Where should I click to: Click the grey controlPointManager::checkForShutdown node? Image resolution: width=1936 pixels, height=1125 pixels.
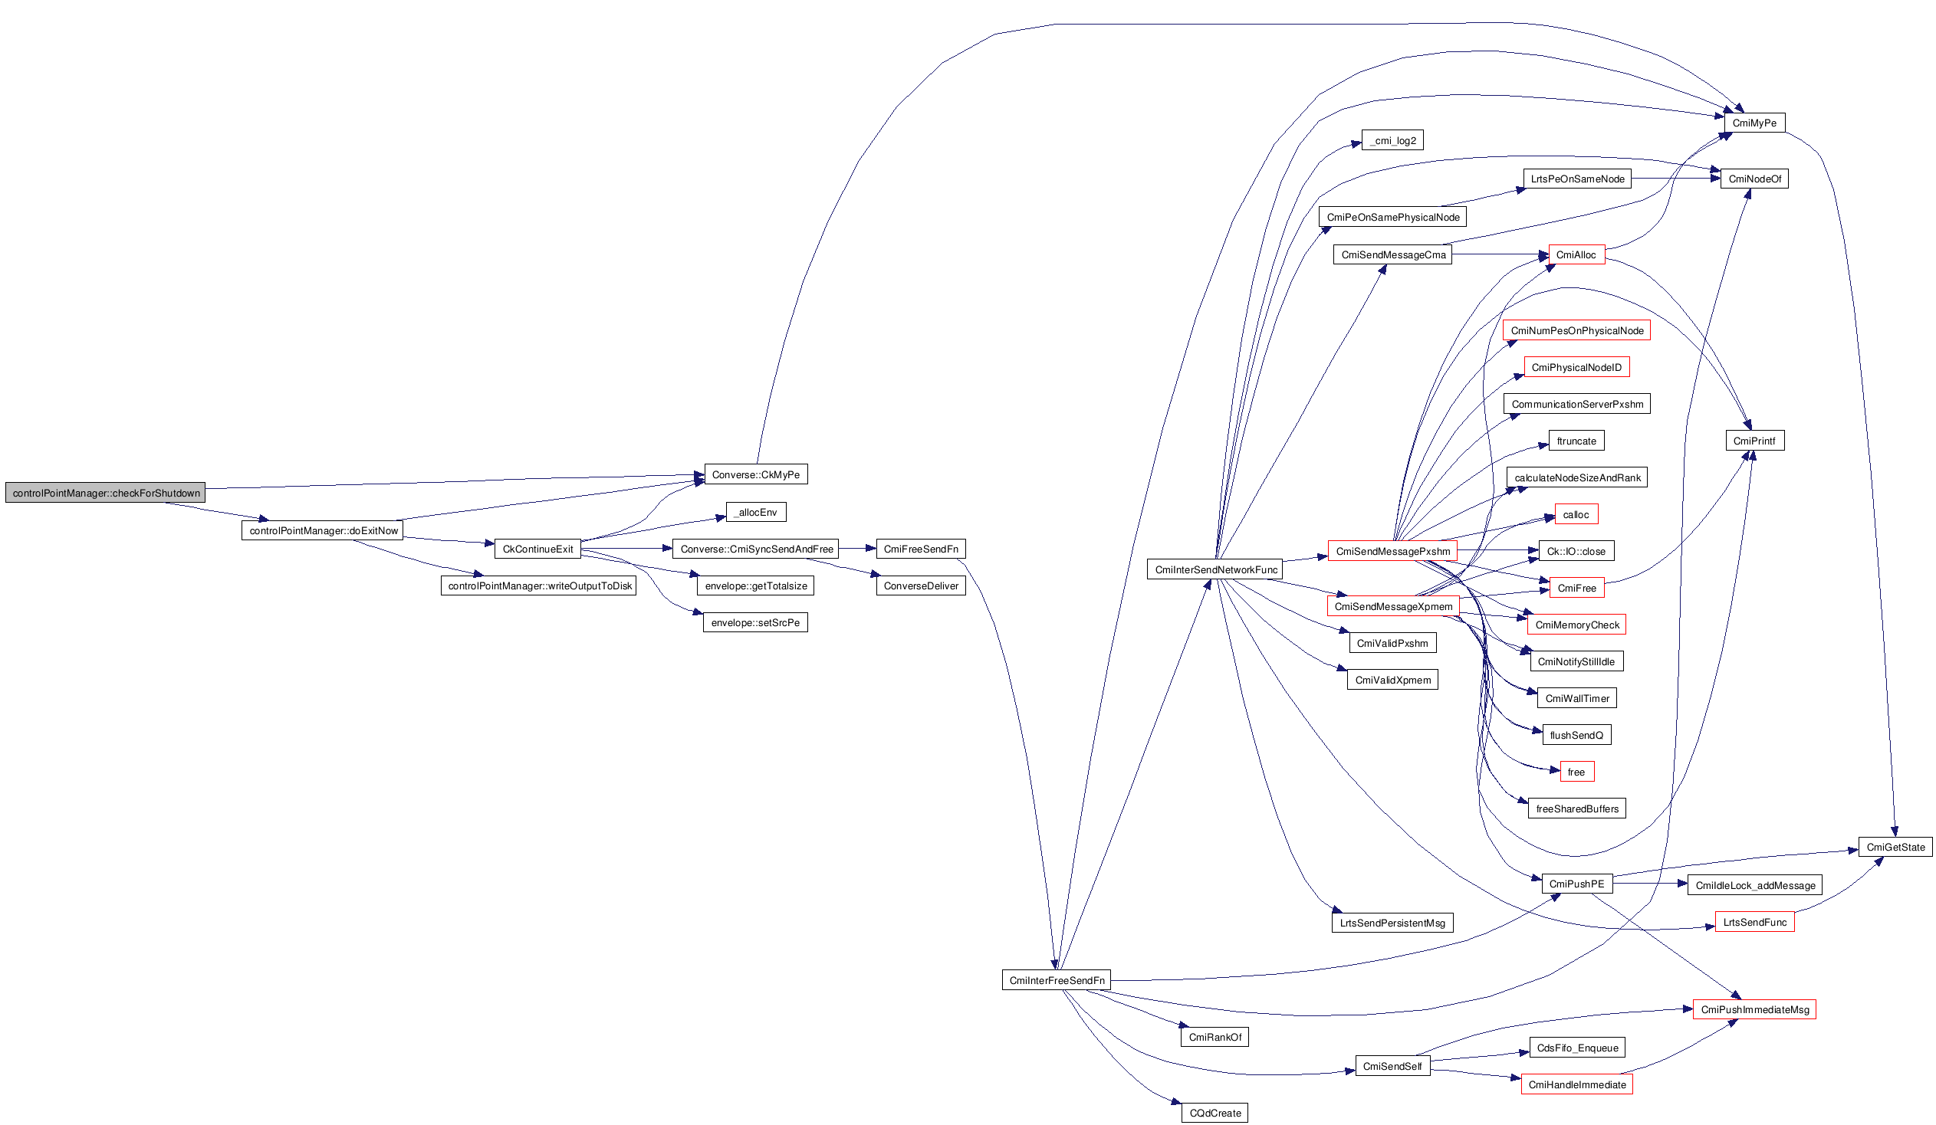[x=105, y=493]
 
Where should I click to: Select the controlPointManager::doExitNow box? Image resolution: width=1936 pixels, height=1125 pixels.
[x=322, y=530]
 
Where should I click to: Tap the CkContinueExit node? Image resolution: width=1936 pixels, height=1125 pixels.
[x=537, y=549]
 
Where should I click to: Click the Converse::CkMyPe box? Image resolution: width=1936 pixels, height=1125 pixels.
[x=755, y=474]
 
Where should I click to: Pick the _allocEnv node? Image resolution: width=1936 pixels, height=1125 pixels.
[x=755, y=512]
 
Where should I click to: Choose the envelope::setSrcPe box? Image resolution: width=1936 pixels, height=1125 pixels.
[x=754, y=623]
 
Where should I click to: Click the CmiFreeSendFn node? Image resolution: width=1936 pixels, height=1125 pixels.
[x=920, y=549]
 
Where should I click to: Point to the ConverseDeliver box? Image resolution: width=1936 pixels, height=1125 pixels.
[x=920, y=586]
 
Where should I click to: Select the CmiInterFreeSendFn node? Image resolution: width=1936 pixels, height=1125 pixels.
[x=1056, y=981]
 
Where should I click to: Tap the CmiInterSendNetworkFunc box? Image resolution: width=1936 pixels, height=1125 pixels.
[x=1215, y=570]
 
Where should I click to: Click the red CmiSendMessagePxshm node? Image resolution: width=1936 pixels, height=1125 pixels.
[x=1392, y=551]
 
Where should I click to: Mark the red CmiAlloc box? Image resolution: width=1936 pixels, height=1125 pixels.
[x=1576, y=255]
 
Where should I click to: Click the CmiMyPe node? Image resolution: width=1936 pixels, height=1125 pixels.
[x=1754, y=123]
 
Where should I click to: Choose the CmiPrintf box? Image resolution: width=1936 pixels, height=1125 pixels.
[x=1754, y=441]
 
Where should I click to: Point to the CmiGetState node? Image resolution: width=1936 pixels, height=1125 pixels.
[x=1895, y=847]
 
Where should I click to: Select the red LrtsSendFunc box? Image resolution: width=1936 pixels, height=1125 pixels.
[x=1754, y=922]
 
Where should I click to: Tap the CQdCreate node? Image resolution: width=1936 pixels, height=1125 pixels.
[x=1215, y=1113]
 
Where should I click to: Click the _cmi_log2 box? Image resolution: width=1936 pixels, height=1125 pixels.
[x=1392, y=140]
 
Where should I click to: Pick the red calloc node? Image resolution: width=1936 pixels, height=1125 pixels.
[x=1576, y=514]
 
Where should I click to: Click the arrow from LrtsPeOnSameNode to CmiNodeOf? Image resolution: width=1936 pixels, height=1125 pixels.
[x=1675, y=179]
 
